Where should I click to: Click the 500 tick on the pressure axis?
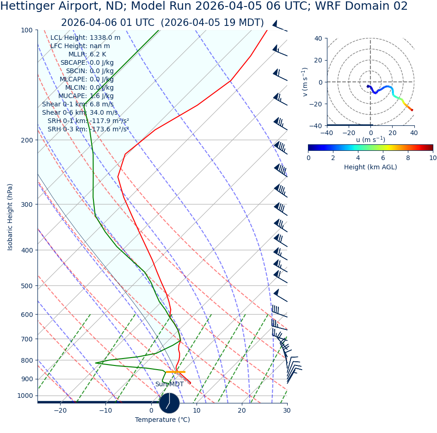click(x=27, y=286)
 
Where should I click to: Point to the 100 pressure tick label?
click(x=27, y=30)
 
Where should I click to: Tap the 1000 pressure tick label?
click(x=25, y=396)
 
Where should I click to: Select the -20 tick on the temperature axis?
click(x=60, y=410)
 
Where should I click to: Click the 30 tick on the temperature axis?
click(x=287, y=410)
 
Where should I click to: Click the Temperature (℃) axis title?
click(x=162, y=420)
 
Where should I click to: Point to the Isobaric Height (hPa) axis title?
click(x=10, y=217)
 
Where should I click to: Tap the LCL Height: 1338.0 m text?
click(x=85, y=38)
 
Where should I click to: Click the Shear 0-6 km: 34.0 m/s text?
click(x=80, y=113)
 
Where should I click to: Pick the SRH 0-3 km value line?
click(x=88, y=130)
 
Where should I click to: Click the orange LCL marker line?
click(x=176, y=371)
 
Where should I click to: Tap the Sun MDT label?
click(x=169, y=384)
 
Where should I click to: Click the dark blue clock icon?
click(x=169, y=403)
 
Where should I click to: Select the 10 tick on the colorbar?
click(x=433, y=157)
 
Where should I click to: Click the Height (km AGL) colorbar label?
click(x=370, y=167)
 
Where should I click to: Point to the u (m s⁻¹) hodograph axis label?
click(x=370, y=139)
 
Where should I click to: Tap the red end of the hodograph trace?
click(x=412, y=110)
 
